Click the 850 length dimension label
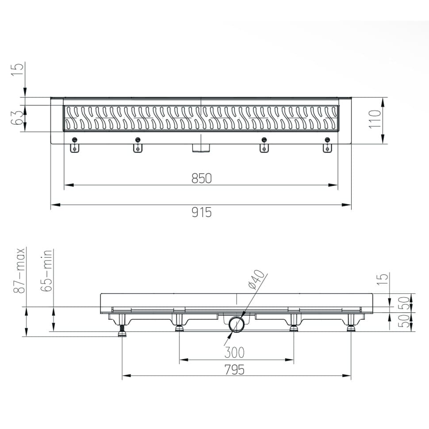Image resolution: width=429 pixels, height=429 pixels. [202, 178]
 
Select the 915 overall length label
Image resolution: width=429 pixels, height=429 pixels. [202, 212]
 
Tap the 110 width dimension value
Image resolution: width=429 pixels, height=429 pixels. [375, 119]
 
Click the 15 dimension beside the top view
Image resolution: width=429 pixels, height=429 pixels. [18, 69]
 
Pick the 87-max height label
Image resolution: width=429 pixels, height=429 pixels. [19, 271]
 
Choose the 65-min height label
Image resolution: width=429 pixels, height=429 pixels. [46, 271]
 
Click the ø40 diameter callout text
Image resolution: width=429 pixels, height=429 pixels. [257, 280]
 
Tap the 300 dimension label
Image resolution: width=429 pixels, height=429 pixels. [234, 352]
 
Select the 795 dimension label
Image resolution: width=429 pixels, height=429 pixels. [234, 370]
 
